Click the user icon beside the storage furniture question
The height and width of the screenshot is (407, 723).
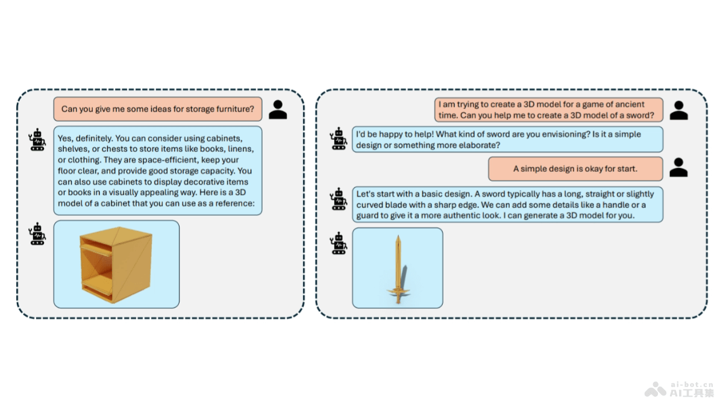pos(278,110)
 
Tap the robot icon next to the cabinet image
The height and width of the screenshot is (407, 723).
pos(37,233)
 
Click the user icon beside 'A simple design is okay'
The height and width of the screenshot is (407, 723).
pos(678,168)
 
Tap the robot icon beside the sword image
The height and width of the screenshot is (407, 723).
pos(339,244)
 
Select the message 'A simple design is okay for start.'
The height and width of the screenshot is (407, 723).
pos(575,169)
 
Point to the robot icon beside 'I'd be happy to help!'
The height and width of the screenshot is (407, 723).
pos(339,139)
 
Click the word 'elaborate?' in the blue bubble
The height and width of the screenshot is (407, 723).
pos(480,145)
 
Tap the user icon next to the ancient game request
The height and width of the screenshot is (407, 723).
pos(678,110)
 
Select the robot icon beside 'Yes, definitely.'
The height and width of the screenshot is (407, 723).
pos(37,139)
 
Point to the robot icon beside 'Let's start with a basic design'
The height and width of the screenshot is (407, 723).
pos(339,199)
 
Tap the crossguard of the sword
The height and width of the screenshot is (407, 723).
pos(398,291)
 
